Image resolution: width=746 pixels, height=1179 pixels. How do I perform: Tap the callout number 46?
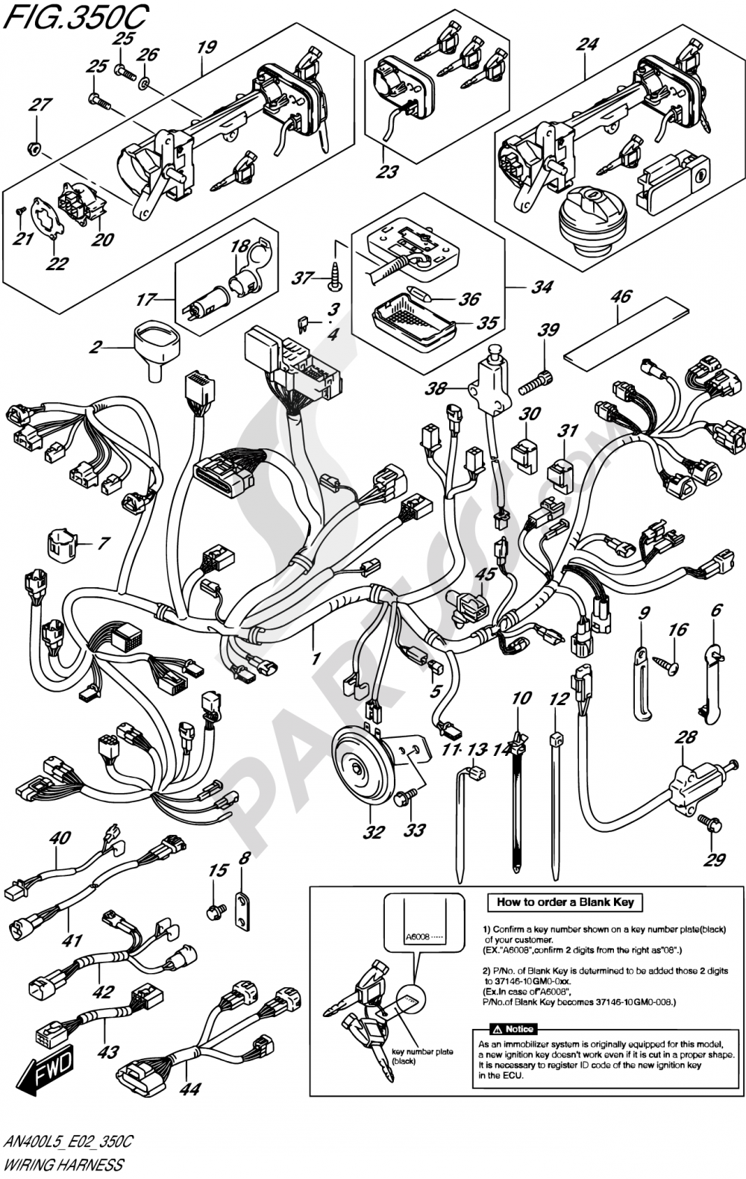pos(620,296)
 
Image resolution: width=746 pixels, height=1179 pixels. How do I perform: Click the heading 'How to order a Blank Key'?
pos(565,902)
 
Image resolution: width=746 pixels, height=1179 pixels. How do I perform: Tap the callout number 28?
pos(685,737)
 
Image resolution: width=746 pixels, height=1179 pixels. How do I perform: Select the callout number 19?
pos(206,47)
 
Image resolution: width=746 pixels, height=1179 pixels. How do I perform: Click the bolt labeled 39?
pos(538,384)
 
